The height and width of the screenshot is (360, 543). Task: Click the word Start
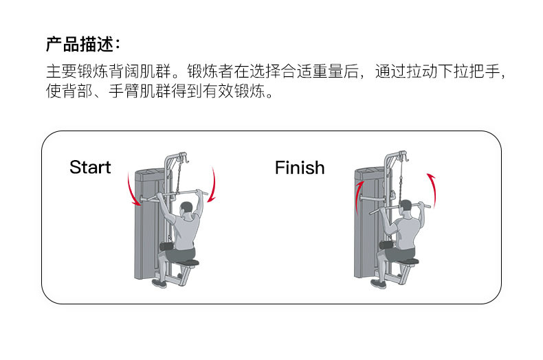[90, 168]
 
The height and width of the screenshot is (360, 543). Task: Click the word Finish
[300, 168]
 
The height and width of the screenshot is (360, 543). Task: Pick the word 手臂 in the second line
[130, 92]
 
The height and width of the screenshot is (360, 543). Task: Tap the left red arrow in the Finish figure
[359, 198]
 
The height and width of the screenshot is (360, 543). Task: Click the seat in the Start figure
[186, 262]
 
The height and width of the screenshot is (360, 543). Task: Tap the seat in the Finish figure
[406, 260]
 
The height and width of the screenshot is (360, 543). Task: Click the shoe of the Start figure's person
[159, 282]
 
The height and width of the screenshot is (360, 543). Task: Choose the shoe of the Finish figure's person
[379, 282]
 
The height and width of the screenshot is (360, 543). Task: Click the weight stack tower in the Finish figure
[364, 227]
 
